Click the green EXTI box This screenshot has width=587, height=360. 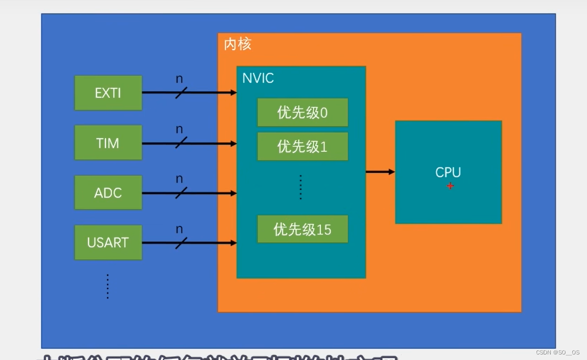pos(108,93)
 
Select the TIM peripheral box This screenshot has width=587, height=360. pos(108,143)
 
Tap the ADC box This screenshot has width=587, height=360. pos(108,193)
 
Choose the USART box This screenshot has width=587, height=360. pos(108,243)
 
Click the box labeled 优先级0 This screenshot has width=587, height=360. pos(302,112)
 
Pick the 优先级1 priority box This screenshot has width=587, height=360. pos(302,146)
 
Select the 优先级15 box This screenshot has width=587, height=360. pos(302,229)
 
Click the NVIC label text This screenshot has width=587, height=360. pos(258,78)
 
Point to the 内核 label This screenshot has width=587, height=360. pos(237,44)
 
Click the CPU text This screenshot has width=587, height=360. pos(448,172)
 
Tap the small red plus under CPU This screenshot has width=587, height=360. pos(450,186)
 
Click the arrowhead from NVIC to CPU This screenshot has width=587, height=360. pos(392,172)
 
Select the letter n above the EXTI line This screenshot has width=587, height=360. pos(179,79)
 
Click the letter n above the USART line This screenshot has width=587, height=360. pos(179,229)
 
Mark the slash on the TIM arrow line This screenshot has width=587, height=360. pos(181,143)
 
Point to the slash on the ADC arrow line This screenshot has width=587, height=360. pos(181,193)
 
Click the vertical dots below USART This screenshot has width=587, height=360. pos(107,286)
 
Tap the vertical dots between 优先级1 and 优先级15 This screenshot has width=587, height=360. pos(300,188)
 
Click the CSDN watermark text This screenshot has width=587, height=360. pos(557,352)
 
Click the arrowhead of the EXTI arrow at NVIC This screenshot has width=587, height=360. pos(234,93)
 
